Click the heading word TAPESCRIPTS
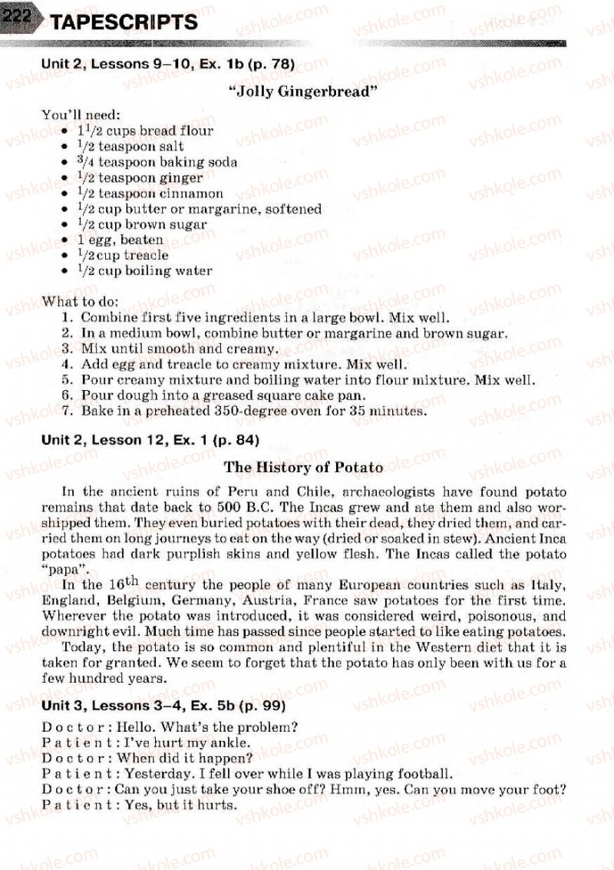point(124,22)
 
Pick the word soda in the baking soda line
point(223,162)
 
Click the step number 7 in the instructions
point(67,411)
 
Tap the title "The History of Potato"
point(304,467)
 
